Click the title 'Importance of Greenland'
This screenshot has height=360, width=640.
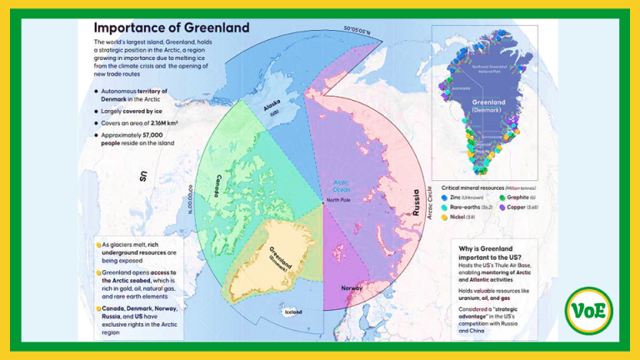(x=172, y=27)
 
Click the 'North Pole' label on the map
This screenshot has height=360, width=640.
(x=338, y=200)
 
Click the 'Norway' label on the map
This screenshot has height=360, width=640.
(x=352, y=288)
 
